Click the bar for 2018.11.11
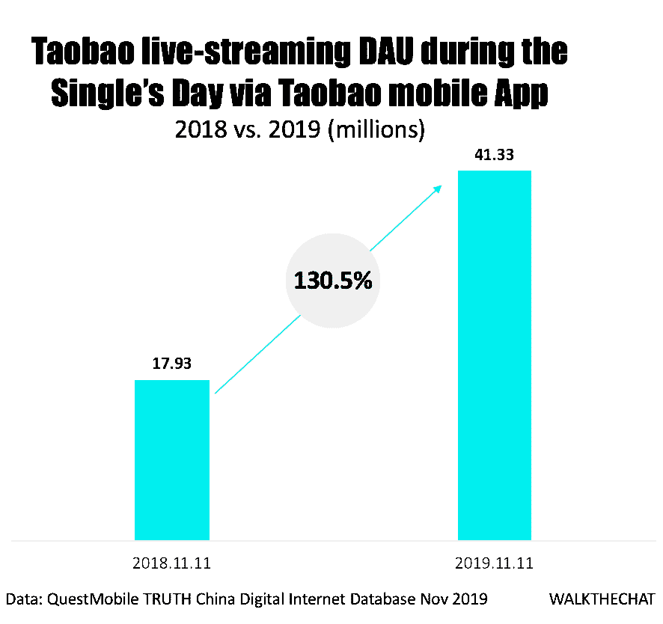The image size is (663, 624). (x=171, y=459)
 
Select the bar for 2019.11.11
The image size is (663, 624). (x=494, y=355)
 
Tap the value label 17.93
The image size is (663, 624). (x=172, y=364)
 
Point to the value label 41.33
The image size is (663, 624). (x=494, y=156)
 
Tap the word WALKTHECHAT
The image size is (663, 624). (x=602, y=599)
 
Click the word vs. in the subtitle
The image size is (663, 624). (x=253, y=129)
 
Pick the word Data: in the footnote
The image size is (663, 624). (x=24, y=599)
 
